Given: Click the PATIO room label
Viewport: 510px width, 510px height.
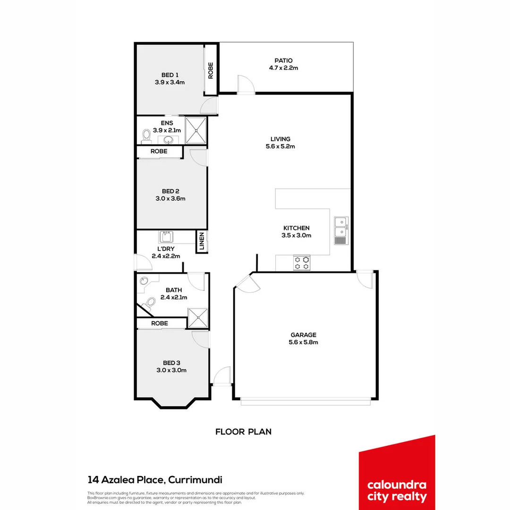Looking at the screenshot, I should [283, 60].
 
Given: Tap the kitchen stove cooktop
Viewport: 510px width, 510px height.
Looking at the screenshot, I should [302, 263].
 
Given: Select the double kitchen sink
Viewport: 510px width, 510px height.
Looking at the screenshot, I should [340, 227].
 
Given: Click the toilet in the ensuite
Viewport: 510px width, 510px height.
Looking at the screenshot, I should [146, 136].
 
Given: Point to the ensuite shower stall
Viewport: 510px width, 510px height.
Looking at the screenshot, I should [195, 130].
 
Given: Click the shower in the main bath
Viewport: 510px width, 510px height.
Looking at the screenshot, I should [197, 318].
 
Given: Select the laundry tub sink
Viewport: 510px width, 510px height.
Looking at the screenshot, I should [166, 237].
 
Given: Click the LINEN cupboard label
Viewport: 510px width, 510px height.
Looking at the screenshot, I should [202, 241].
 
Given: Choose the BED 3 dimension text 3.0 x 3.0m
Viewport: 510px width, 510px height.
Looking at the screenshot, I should [171, 370].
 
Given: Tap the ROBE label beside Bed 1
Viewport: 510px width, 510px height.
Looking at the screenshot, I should [211, 71].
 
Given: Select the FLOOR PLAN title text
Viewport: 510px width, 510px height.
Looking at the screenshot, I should [243, 432].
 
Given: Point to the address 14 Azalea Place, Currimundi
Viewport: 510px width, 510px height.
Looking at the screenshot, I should [155, 480].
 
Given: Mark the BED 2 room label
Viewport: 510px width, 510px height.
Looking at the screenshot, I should [170, 191].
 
